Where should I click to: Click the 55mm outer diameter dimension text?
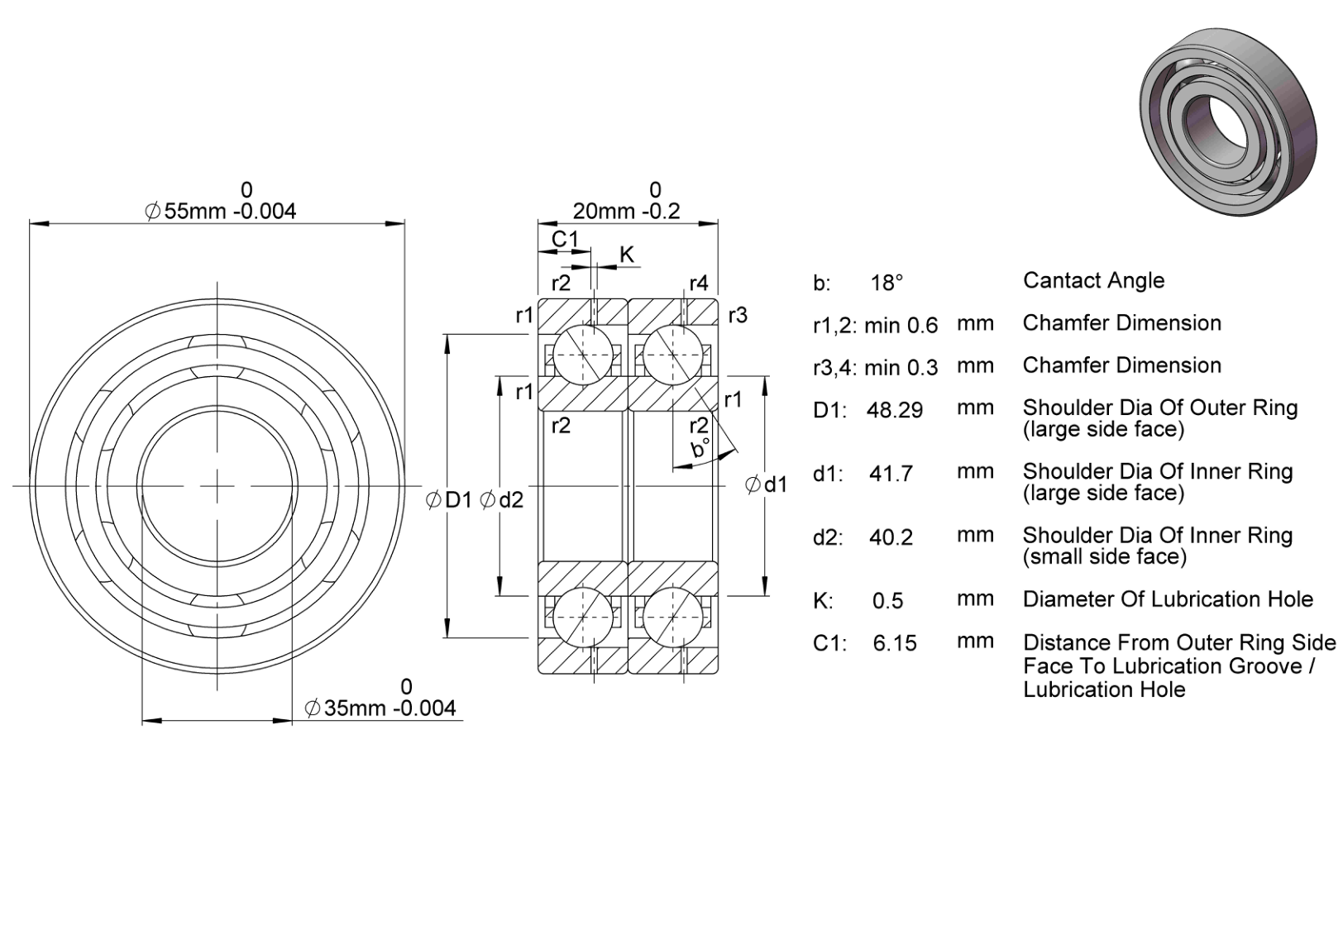(221, 211)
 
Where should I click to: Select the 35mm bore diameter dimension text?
(380, 708)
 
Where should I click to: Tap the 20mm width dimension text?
(626, 211)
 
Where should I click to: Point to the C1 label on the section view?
(565, 239)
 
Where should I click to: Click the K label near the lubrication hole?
(627, 255)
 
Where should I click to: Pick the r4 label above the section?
(699, 283)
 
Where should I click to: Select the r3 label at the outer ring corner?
(738, 315)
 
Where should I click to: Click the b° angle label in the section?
(700, 448)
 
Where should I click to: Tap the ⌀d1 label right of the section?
(767, 484)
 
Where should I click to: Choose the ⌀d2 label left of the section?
(502, 499)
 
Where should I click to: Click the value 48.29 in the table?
(895, 411)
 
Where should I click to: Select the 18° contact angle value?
(887, 282)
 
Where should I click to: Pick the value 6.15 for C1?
(895, 643)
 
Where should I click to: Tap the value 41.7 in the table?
(891, 474)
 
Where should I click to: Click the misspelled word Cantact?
(1061, 280)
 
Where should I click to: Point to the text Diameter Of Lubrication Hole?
(1168, 599)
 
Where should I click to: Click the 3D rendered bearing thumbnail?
(1228, 122)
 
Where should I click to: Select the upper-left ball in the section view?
(583, 355)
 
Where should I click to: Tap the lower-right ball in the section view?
(672, 618)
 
